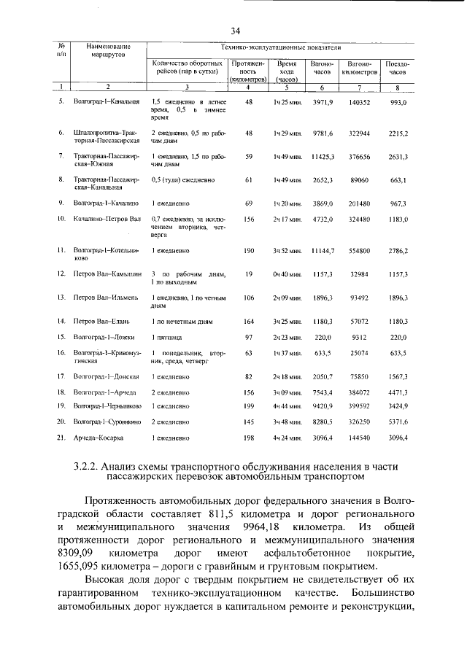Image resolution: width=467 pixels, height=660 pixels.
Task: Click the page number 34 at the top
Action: coord(235,30)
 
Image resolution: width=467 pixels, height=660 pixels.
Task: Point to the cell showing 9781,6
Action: coord(322,133)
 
